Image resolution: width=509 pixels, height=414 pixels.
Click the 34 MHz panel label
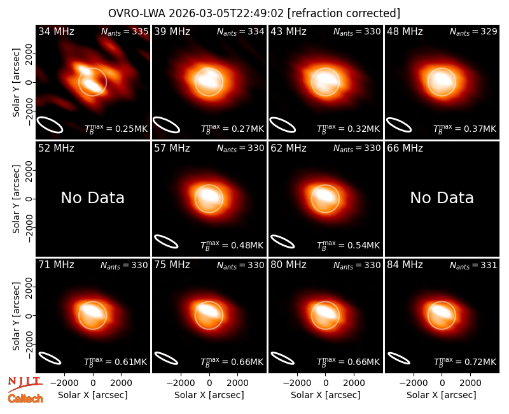(x=56, y=31)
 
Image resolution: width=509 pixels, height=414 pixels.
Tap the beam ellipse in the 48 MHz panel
(x=399, y=125)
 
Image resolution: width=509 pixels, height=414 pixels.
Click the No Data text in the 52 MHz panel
(x=92, y=197)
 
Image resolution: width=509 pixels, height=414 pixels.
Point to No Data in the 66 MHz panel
(x=442, y=197)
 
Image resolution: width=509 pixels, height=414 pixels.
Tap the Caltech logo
(x=25, y=399)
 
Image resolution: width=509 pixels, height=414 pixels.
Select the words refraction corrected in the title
(x=344, y=13)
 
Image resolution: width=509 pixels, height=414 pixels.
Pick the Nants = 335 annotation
(x=125, y=31)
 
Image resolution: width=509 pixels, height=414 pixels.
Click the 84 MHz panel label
(x=405, y=265)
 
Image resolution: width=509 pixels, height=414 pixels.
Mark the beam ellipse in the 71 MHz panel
(x=50, y=358)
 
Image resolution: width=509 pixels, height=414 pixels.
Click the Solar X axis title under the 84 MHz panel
(x=442, y=395)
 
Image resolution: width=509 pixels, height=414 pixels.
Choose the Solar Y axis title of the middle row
(x=16, y=199)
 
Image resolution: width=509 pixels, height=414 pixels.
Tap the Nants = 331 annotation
(x=473, y=266)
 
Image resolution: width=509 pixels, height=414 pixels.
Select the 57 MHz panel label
(x=172, y=148)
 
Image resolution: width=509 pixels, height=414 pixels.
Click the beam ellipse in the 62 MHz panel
(x=282, y=241)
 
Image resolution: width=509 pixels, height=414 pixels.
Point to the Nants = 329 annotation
(x=473, y=31)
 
